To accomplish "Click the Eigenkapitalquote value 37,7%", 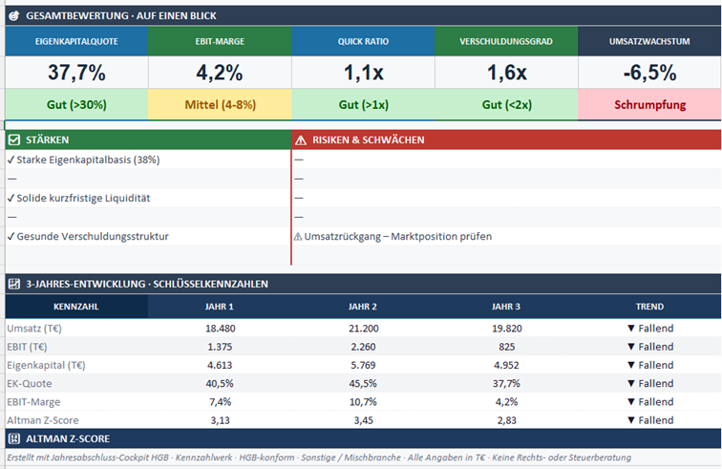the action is coord(76,73).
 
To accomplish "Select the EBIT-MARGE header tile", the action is coord(220,41).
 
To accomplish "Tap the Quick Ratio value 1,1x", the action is coord(363,73).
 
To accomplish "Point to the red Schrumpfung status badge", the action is coord(649,104).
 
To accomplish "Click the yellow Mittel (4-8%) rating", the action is coord(220,104).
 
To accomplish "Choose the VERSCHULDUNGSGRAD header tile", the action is coord(506,41).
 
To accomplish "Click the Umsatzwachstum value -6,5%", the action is coord(649,73).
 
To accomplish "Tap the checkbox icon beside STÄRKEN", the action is coord(14,139).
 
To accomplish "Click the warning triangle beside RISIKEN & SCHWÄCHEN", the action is coord(301,140).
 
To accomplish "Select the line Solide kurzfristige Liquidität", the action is coord(78,198).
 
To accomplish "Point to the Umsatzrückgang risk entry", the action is coord(393,236).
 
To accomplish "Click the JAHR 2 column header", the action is coord(363,307).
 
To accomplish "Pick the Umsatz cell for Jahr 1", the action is coord(220,329).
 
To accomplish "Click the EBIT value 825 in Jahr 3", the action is coord(506,347).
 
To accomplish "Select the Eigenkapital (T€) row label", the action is coord(46,365).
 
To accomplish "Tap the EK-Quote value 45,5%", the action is coord(363,383).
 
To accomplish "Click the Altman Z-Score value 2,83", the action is coord(506,420).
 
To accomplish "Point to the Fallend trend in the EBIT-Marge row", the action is coord(650,402).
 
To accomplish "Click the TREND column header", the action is coord(649,307).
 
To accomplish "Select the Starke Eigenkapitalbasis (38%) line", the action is coord(83,160).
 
